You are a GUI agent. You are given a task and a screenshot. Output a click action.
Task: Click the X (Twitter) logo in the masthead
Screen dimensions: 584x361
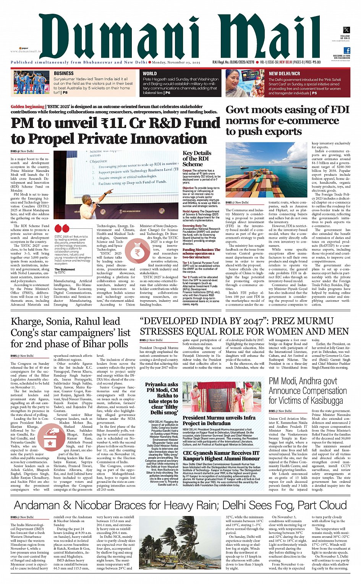click(x=346, y=30)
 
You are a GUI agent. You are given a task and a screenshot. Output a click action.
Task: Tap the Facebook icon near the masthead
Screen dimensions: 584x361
click(x=347, y=50)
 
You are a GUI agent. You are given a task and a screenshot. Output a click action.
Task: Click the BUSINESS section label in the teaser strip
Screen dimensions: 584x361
click(x=63, y=73)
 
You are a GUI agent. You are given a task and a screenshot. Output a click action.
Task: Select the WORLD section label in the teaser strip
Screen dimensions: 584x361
click(x=150, y=74)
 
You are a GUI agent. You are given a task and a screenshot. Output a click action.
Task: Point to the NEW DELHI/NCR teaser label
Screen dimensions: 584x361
click(x=284, y=74)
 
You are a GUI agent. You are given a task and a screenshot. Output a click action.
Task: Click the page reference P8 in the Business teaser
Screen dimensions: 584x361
click(x=65, y=92)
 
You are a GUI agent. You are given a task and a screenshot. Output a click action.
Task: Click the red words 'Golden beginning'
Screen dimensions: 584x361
click(x=28, y=107)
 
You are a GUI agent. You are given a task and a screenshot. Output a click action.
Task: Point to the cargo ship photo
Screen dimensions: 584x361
click(x=266, y=170)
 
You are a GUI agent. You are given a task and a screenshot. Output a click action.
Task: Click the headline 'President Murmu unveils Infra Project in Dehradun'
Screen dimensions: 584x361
click(x=219, y=421)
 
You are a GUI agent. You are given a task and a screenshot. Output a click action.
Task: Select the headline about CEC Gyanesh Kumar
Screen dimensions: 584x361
click(x=221, y=456)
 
